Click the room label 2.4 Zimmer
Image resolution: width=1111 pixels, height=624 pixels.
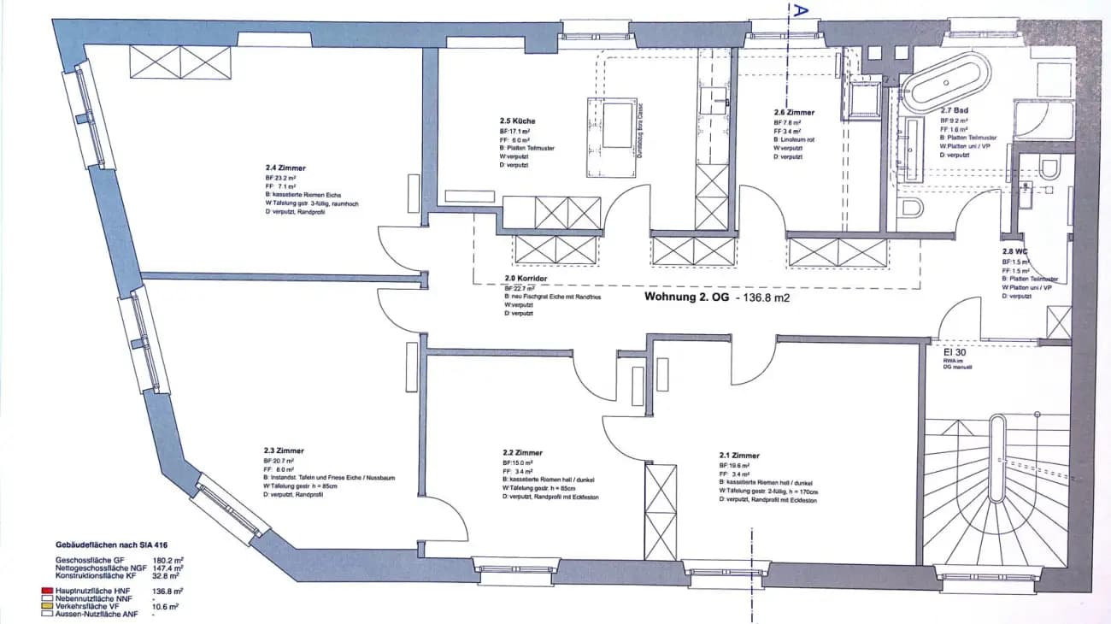[285, 168]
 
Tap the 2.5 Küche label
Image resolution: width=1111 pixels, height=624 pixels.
[518, 121]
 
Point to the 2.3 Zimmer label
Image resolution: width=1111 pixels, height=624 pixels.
[284, 450]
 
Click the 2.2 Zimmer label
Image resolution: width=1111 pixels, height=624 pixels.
[523, 453]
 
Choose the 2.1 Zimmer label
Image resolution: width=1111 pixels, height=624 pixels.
[739, 456]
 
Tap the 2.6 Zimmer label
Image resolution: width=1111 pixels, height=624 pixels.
[794, 112]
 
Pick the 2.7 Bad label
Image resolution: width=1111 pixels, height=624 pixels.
[954, 110]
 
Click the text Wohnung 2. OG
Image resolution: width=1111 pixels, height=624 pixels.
[685, 298]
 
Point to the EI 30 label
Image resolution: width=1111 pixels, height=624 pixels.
[954, 351]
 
